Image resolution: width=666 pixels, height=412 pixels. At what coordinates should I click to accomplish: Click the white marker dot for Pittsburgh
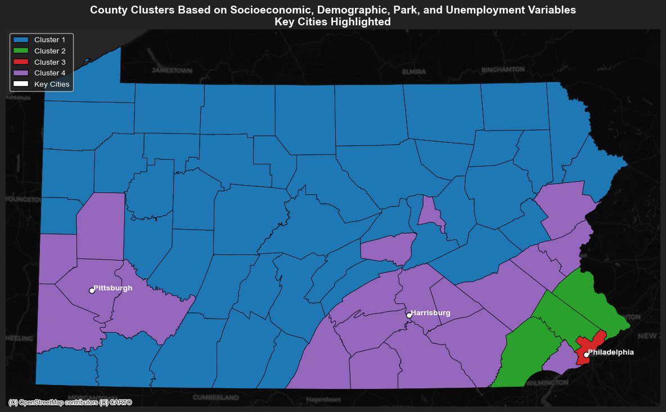(x=92, y=290)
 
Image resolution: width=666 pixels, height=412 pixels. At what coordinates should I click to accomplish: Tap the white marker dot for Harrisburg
(x=409, y=315)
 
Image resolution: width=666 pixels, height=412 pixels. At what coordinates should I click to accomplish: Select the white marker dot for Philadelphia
(x=586, y=355)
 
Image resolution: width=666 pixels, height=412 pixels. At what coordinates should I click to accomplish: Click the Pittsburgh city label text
(x=113, y=288)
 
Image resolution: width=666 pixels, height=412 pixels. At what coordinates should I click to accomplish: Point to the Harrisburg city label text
(x=430, y=313)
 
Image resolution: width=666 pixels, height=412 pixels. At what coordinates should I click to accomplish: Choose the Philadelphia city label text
(x=611, y=352)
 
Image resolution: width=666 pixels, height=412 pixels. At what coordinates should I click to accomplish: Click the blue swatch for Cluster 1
(x=21, y=40)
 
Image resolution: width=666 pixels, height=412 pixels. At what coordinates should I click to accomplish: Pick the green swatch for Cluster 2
(x=21, y=51)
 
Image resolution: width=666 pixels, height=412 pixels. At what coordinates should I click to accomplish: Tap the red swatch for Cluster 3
(x=21, y=62)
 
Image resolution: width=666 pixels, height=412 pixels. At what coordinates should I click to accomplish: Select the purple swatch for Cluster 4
(x=21, y=73)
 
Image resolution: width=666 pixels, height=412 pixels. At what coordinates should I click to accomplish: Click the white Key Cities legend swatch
(x=21, y=84)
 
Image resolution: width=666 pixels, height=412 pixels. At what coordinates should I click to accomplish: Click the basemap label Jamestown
(x=172, y=71)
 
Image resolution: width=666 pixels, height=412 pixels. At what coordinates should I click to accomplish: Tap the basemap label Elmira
(x=414, y=72)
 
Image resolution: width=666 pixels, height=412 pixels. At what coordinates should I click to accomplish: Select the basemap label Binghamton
(x=503, y=70)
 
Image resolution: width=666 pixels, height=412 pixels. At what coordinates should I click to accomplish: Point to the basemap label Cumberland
(x=215, y=397)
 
